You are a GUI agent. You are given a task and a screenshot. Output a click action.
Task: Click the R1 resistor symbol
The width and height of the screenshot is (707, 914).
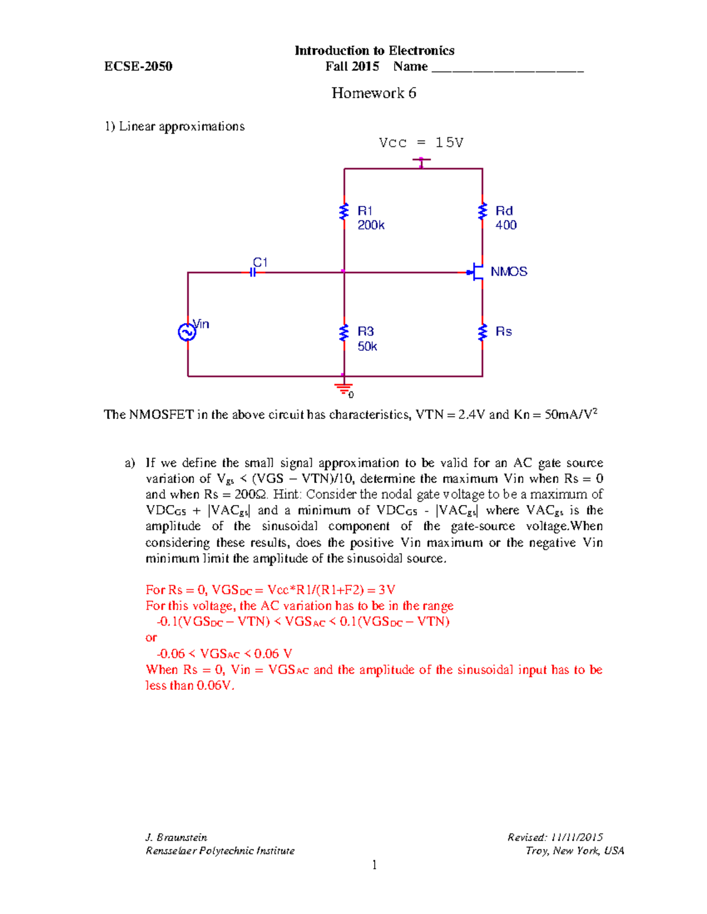tap(344, 212)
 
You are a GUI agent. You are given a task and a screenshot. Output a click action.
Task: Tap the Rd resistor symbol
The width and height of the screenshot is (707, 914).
tap(483, 211)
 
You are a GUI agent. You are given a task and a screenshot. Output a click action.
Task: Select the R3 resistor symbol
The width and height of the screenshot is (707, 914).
tap(344, 333)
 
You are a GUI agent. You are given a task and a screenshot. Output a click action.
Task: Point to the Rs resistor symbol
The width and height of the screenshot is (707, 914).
tap(483, 333)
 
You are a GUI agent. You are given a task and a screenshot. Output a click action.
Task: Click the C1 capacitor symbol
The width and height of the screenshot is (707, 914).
tap(253, 272)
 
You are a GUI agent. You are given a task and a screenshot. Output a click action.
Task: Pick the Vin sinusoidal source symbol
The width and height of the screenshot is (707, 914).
tap(187, 333)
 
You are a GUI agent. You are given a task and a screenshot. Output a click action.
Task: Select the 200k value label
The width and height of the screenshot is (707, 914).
tap(371, 225)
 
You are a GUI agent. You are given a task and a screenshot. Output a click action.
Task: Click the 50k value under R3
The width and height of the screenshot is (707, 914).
tap(367, 347)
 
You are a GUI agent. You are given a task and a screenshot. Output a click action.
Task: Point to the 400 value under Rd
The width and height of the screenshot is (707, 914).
tap(506, 225)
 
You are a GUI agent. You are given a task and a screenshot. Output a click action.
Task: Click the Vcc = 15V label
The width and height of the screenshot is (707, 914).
tap(421, 143)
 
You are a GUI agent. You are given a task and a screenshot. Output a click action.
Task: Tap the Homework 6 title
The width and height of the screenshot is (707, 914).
tap(374, 93)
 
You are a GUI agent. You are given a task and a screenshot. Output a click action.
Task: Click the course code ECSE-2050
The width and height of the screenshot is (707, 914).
tap(138, 67)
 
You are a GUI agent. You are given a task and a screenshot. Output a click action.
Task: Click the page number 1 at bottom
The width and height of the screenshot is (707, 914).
tap(374, 865)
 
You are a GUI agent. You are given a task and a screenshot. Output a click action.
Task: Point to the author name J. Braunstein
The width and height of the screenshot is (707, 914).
tap(176, 837)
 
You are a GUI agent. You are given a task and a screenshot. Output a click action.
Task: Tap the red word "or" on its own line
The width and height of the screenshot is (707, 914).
tap(151, 638)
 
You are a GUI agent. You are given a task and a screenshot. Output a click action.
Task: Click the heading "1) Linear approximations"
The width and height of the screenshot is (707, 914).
tap(174, 127)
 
